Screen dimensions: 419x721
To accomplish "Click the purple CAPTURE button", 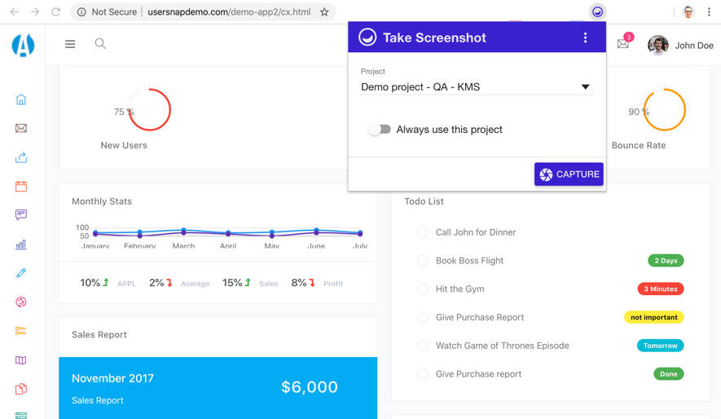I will coord(569,174).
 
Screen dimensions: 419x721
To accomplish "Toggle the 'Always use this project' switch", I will coord(380,130).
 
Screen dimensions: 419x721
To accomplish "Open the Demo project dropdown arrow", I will coord(585,87).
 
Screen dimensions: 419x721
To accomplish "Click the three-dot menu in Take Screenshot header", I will coord(585,38).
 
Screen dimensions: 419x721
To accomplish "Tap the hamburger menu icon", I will coord(70,44).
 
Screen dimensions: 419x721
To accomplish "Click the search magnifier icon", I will coord(100,44).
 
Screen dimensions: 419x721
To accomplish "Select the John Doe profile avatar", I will coord(658,46).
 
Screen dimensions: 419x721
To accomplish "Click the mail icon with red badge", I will coord(623,44).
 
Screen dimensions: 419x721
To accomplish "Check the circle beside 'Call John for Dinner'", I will coord(423,232).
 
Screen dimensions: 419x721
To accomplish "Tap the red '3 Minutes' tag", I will coord(661,289).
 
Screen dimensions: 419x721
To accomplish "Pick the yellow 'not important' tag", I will coord(653,317).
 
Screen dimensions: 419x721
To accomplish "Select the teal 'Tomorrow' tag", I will coord(660,346).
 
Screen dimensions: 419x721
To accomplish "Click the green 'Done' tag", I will coord(668,374).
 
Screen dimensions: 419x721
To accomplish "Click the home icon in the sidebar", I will coord(21,99).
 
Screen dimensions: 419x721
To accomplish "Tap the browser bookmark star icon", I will coord(324,12).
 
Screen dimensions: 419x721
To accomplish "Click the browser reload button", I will coord(55,12).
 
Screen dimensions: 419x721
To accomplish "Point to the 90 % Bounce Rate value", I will coord(639,112).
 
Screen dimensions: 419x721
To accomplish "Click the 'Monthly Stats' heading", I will coord(102,201).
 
